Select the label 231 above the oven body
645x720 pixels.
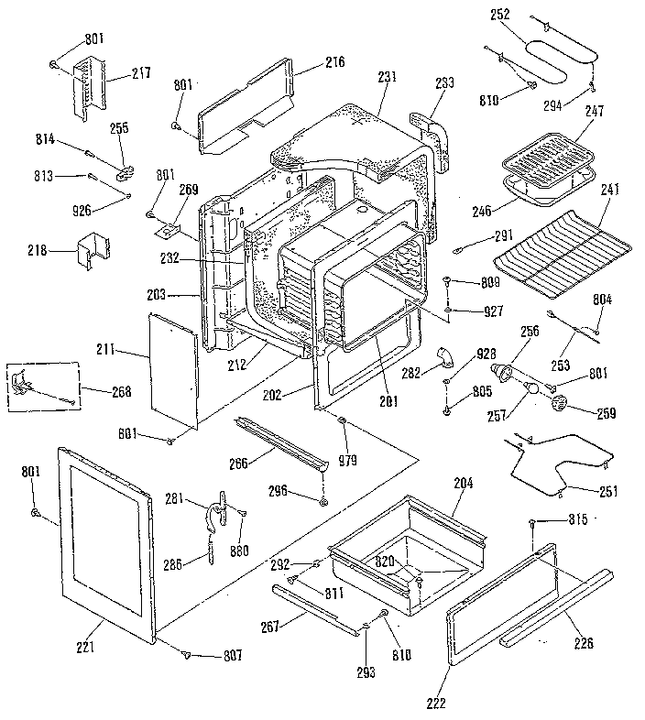tap(387, 79)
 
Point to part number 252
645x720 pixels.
tap(500, 15)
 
